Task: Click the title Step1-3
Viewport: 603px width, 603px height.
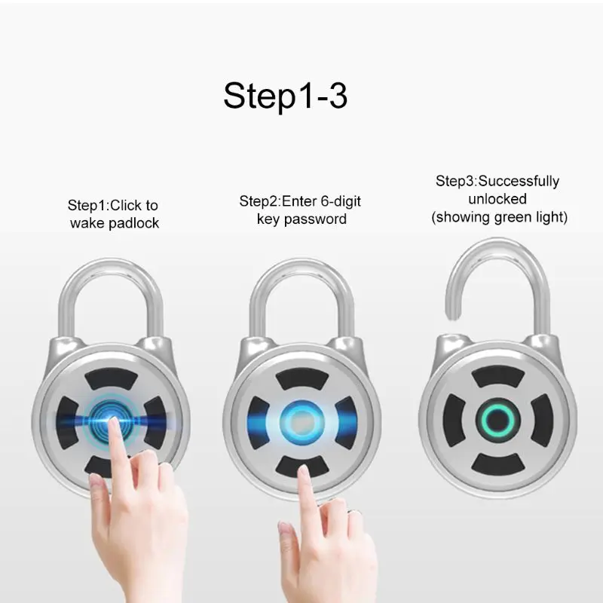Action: coord(285,96)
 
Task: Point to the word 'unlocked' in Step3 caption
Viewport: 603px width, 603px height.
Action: coord(497,200)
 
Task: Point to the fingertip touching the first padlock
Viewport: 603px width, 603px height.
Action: coord(113,425)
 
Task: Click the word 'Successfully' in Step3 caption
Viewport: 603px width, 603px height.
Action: coord(519,182)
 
